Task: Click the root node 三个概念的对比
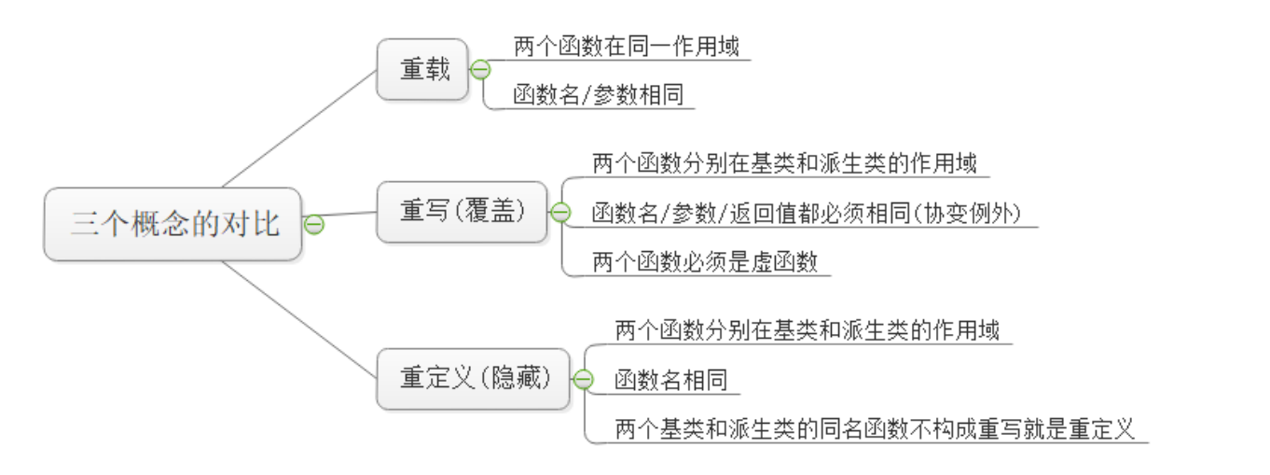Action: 173,224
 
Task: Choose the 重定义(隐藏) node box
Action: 472,378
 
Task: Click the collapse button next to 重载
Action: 481,70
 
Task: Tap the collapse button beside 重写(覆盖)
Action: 559,213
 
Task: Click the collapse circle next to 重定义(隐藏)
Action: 583,380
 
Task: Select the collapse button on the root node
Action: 314,224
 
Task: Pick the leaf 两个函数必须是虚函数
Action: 704,262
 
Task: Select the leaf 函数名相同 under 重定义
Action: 670,380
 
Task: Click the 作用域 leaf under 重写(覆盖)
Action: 784,163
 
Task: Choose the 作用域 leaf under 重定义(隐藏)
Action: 807,329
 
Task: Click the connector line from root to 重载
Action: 298,128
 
